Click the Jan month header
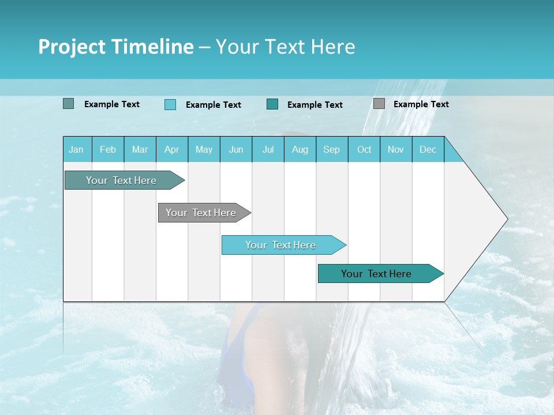click(76, 149)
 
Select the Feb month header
click(108, 149)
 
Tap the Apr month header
click(171, 149)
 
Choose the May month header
click(204, 149)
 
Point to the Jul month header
click(268, 149)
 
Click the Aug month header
click(300, 149)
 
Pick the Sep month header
click(331, 149)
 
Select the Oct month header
click(364, 149)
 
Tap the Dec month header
click(428, 149)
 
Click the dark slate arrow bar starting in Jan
click(121, 180)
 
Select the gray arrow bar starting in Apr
click(201, 213)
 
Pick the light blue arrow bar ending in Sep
click(280, 245)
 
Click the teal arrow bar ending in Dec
click(376, 274)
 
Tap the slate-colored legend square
click(68, 104)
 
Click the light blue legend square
click(170, 104)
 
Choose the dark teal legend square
click(272, 104)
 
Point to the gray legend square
click(379, 104)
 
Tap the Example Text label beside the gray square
click(421, 104)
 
